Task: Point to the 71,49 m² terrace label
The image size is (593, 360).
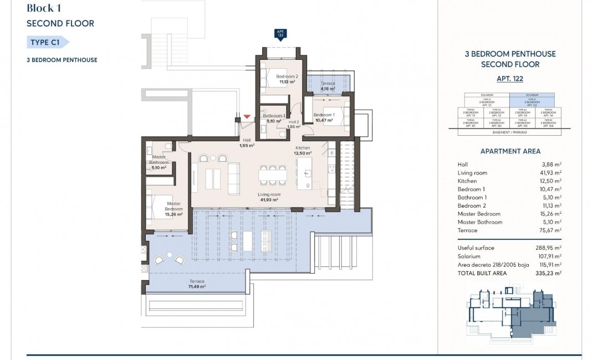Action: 196,284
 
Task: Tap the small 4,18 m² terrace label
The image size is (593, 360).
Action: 329,86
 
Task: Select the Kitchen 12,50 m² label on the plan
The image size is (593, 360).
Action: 303,150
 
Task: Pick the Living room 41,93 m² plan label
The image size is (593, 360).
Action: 269,197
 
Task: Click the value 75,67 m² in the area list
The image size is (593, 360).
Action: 551,230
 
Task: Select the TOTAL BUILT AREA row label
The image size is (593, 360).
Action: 482,273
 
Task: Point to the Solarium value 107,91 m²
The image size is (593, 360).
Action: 550,256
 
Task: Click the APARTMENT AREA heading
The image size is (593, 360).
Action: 510,151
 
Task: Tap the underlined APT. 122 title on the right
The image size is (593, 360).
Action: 510,79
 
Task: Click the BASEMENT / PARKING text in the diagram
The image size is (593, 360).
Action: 509,133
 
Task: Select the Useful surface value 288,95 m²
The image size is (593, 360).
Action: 550,248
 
